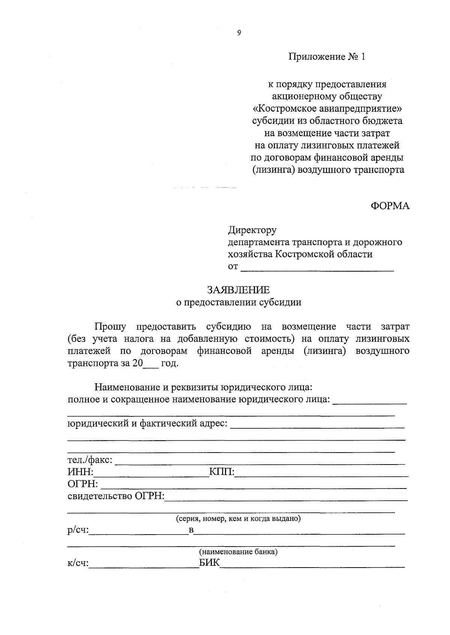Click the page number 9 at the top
click(239, 33)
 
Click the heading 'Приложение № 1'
click(326, 57)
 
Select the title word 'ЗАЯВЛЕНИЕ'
click(238, 290)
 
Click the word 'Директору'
click(252, 230)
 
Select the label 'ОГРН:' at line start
click(82, 484)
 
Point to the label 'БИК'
click(209, 563)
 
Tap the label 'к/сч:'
click(78, 563)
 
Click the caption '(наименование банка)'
click(238, 552)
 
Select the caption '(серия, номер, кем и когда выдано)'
click(238, 519)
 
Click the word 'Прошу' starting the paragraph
click(110, 327)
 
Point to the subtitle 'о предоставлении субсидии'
click(238, 302)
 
